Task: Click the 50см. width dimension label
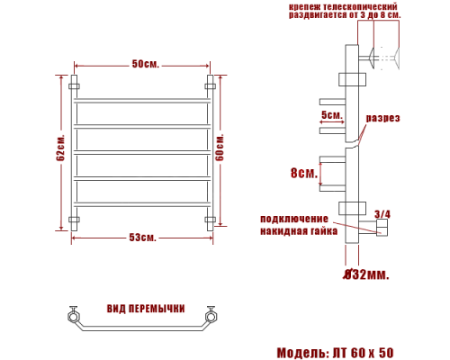click(144, 64)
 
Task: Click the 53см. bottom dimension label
click(142, 237)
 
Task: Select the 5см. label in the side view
click(330, 115)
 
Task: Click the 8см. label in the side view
click(304, 174)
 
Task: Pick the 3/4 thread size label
click(382, 213)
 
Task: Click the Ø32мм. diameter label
click(366, 274)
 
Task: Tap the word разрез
click(382, 119)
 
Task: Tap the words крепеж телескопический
click(344, 6)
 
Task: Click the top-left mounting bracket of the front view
click(74, 87)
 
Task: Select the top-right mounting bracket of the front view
click(211, 87)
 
